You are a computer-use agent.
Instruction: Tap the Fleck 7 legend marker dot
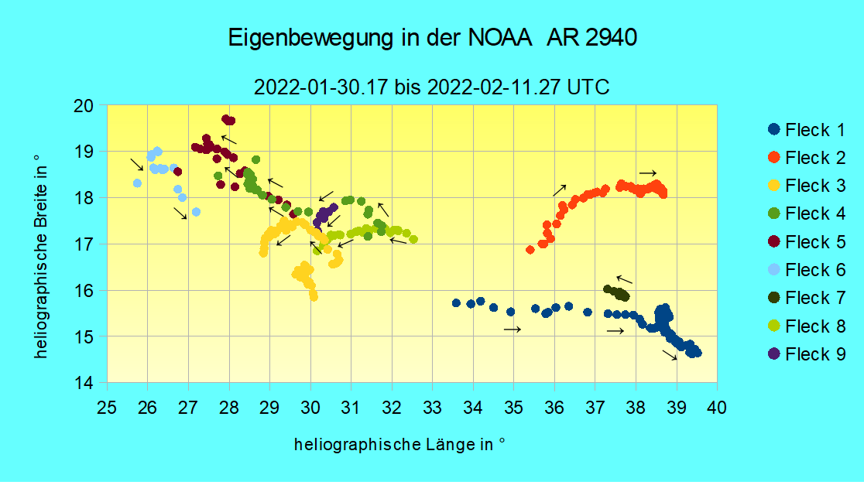tap(773, 298)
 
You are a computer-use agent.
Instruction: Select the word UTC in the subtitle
tap(588, 87)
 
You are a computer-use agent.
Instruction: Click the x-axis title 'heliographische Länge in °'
tap(399, 445)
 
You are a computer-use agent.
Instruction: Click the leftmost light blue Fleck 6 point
tap(137, 183)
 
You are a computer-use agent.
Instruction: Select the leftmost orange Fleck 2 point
tap(530, 250)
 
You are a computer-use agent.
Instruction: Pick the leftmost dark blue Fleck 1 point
tap(456, 302)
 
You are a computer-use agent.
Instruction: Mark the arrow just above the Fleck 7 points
tap(624, 279)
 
